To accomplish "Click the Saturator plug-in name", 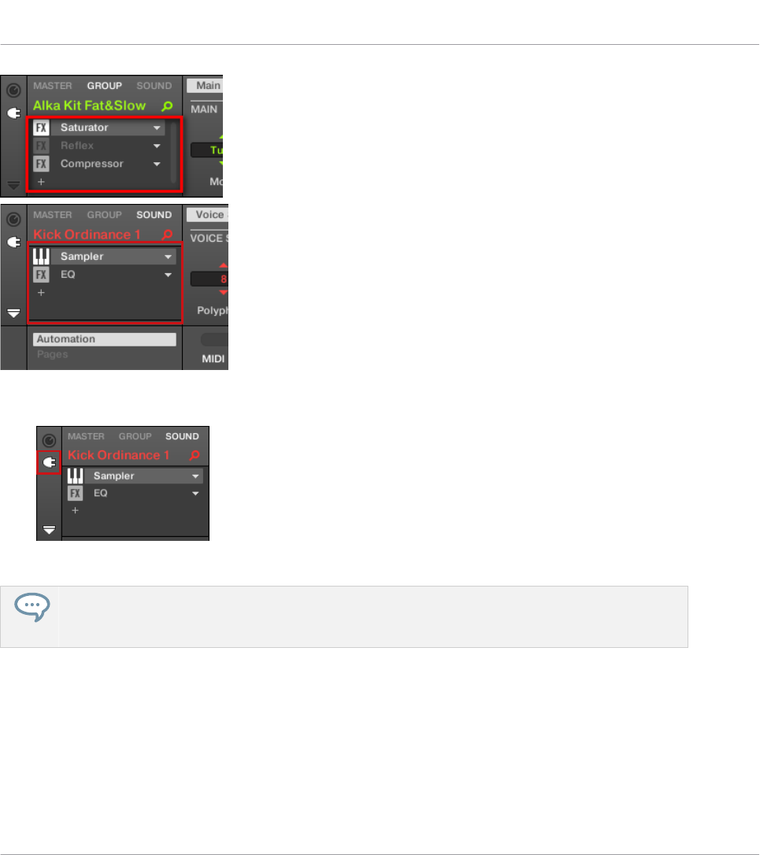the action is (84, 128).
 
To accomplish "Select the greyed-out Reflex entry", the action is (77, 146).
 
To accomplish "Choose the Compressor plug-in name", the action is (91, 164).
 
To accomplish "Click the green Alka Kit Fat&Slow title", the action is (89, 105).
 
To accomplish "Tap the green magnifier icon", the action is (166, 105).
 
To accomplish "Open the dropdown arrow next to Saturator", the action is (158, 128).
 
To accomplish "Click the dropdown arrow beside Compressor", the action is (158, 165).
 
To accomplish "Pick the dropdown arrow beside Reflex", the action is (158, 146).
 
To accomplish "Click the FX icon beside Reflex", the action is (41, 146).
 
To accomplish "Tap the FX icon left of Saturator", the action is (41, 128).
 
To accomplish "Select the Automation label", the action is (65, 339).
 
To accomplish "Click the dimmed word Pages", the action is (52, 354).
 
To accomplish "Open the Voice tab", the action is (208, 215).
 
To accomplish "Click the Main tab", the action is (207, 86).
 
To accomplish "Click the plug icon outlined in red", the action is (49, 462).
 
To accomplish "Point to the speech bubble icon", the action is (31, 605).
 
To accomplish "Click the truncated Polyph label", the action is (211, 311).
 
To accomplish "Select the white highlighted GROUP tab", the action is (104, 86).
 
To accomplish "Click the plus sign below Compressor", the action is (41, 181).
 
